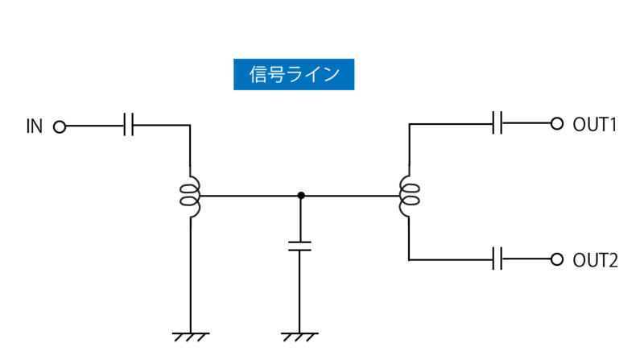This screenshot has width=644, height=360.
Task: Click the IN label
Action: [x=34, y=126]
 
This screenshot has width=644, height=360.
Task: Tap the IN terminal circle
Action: [x=59, y=126]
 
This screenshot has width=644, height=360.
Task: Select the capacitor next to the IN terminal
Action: [x=129, y=126]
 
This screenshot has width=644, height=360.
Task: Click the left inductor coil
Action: [x=191, y=196]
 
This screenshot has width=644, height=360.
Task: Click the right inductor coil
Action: [x=409, y=196]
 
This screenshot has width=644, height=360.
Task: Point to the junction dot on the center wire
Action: [x=300, y=195]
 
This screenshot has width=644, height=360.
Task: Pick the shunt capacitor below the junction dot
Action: [x=300, y=245]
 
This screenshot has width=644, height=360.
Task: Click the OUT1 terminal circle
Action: [x=555, y=123]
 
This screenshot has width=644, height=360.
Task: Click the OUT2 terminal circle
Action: [x=555, y=259]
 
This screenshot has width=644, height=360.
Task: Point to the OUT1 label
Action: [x=594, y=124]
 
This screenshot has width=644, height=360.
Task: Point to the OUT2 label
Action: [x=594, y=260]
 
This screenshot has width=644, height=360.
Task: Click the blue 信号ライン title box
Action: [x=294, y=74]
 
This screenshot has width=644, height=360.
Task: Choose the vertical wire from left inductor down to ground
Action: [x=191, y=274]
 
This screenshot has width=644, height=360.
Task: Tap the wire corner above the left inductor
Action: [x=191, y=126]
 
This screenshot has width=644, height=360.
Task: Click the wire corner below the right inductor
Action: [x=409, y=259]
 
